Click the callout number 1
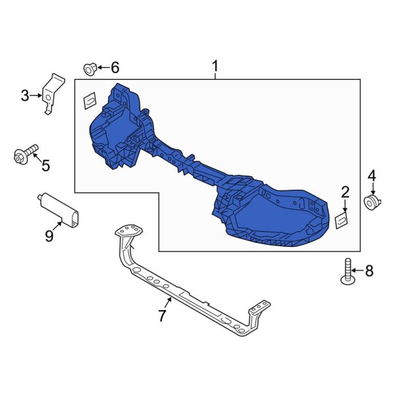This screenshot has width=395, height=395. click(x=215, y=66)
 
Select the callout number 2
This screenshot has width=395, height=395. click(x=345, y=192)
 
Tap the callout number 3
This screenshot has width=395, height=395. click(x=25, y=96)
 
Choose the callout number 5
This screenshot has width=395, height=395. click(x=45, y=166)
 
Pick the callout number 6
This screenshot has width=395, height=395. click(x=115, y=67)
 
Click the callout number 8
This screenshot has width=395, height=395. click(x=369, y=270)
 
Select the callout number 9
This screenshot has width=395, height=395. click(x=49, y=235)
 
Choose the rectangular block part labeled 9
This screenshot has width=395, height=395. click(x=61, y=208)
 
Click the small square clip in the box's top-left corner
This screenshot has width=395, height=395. click(x=88, y=101)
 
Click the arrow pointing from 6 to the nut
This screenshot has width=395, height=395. click(x=103, y=67)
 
